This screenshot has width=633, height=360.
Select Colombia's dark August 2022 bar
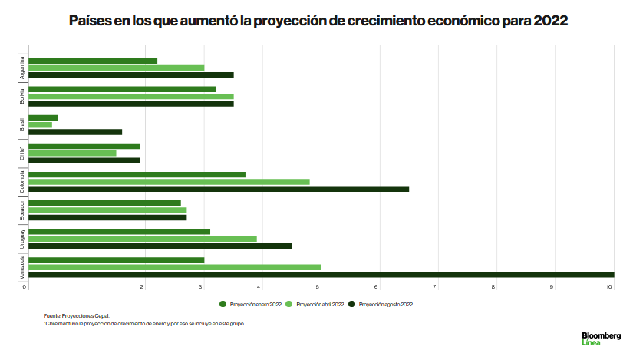pyautogui.click(x=219, y=189)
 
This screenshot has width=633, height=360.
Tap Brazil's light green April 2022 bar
pyautogui.click(x=40, y=124)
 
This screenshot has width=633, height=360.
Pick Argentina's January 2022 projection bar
pyautogui.click(x=92, y=61)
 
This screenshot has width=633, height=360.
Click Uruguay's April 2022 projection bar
pyautogui.click(x=142, y=239)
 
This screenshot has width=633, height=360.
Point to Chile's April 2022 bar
pyautogui.click(x=72, y=153)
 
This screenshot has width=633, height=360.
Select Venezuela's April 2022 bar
pyautogui.click(x=174, y=267)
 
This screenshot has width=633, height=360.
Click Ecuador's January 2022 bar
pyautogui.click(x=104, y=203)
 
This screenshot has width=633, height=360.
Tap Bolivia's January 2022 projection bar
pyautogui.click(x=122, y=89)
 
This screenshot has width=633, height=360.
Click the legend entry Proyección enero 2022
pyautogui.click(x=251, y=304)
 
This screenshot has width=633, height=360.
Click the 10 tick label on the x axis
pyautogui.click(x=610, y=287)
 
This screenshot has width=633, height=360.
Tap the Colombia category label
pyautogui.click(x=22, y=181)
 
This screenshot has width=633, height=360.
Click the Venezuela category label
pyautogui.click(x=22, y=266)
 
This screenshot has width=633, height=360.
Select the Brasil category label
pyautogui.click(x=22, y=124)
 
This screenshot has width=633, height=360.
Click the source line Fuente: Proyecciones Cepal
pyautogui.click(x=77, y=315)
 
